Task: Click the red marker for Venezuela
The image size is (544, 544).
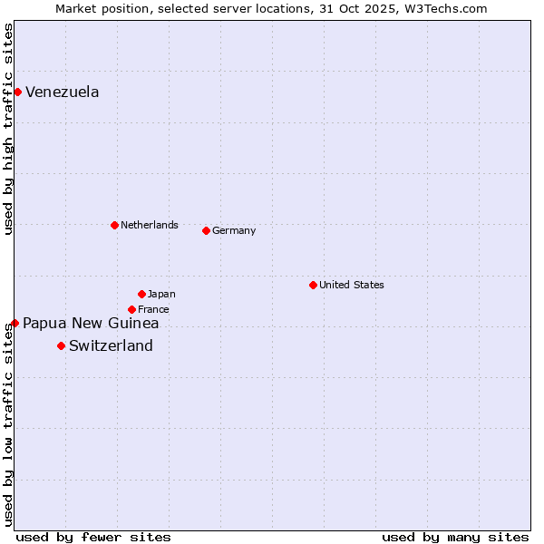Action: (x=17, y=92)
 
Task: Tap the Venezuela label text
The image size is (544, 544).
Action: (x=62, y=92)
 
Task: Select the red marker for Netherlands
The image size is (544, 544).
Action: (x=114, y=225)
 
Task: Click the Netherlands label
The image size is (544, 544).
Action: (x=149, y=225)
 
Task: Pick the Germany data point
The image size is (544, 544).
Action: (x=206, y=230)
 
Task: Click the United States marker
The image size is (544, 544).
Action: (x=313, y=285)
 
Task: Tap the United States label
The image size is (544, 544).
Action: (x=351, y=285)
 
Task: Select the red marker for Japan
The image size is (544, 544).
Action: (x=141, y=294)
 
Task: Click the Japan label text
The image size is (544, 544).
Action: (x=161, y=294)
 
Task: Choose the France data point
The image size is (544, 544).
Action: (x=131, y=309)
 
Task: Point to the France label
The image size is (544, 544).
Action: (x=153, y=309)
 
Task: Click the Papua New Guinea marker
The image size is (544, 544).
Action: (x=15, y=323)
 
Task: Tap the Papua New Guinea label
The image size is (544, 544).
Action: (x=91, y=324)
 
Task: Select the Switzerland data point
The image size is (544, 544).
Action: (x=61, y=345)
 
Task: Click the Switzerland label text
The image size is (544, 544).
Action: (x=111, y=345)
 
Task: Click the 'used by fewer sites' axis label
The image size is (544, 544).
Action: (x=92, y=537)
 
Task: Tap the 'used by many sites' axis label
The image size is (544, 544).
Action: (x=455, y=537)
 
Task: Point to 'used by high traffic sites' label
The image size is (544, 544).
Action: (x=8, y=129)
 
